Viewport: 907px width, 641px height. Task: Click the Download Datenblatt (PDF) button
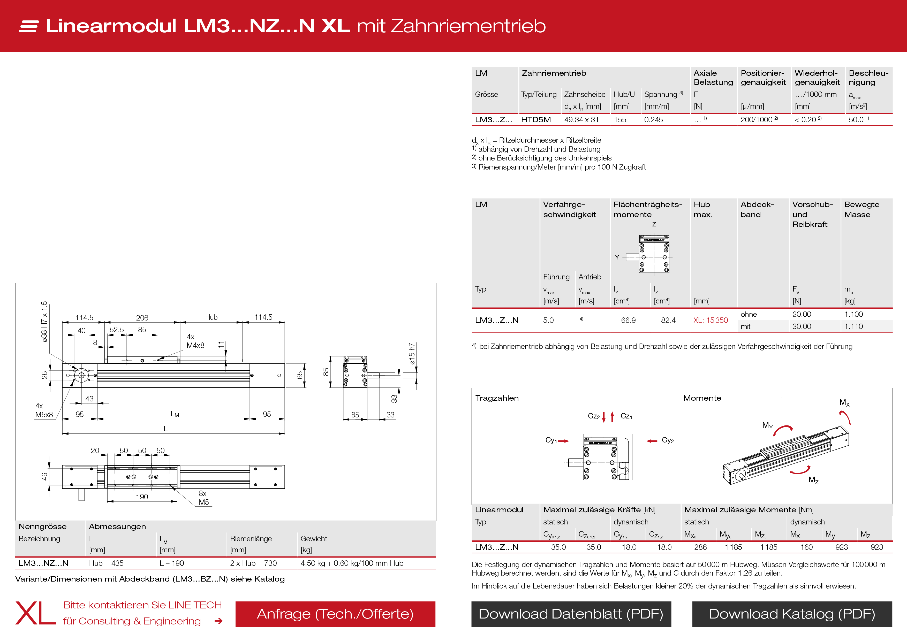(571, 614)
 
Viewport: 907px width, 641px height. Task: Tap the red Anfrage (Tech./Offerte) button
(335, 614)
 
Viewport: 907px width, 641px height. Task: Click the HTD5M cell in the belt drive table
(536, 120)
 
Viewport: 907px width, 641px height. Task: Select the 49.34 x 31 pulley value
(581, 120)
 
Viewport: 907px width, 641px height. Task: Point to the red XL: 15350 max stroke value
(710, 320)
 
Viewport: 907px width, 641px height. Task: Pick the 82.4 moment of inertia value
(668, 320)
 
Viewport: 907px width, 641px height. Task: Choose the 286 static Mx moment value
(700, 547)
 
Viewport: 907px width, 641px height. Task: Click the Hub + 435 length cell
(106, 563)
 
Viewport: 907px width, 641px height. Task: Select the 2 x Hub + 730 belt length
(253, 563)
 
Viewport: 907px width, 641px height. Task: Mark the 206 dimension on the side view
(142, 318)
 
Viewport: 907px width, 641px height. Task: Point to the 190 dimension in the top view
(142, 497)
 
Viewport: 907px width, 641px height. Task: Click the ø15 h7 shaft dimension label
(412, 354)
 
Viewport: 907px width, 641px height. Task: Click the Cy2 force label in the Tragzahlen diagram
(668, 440)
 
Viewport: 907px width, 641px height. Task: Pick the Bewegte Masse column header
(861, 209)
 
